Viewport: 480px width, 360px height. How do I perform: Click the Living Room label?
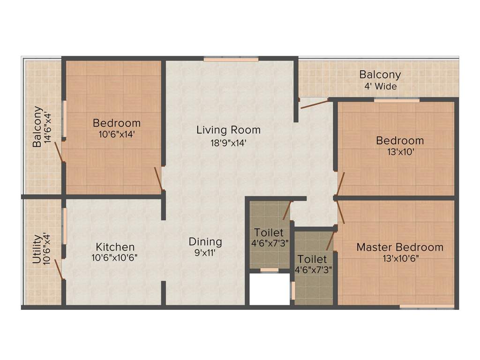228,130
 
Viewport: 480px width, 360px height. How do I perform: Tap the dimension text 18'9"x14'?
228,143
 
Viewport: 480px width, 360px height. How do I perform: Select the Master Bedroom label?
400,247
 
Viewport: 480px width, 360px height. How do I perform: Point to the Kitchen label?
115,247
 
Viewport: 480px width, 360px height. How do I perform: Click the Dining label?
205,242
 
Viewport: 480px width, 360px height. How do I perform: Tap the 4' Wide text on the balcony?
380,87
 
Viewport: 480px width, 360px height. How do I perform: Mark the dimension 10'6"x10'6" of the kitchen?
115,257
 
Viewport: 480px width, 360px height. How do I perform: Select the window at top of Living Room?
231,60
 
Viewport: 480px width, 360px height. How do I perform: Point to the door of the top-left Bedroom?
159,179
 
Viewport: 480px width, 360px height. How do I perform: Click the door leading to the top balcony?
315,104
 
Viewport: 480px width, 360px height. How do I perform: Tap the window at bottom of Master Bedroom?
427,307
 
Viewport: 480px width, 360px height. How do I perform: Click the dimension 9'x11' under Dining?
205,253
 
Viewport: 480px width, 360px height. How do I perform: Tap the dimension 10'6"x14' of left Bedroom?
117,134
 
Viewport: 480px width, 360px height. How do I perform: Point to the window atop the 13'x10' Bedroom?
396,100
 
